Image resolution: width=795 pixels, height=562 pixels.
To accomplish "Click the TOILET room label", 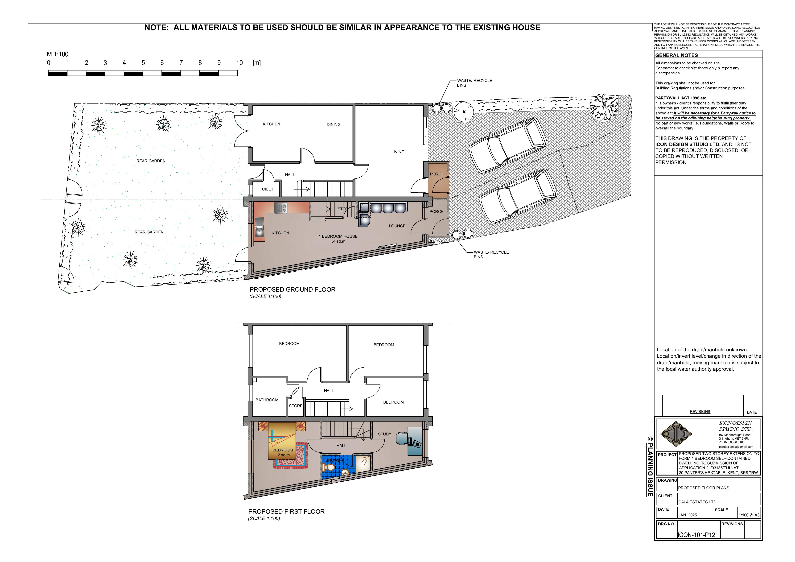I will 266,189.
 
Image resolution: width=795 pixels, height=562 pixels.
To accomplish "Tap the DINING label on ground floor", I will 334,125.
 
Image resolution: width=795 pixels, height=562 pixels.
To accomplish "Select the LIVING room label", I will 398,152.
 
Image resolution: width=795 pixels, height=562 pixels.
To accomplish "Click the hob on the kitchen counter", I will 281,208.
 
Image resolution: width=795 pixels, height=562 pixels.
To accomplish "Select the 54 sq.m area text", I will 338,241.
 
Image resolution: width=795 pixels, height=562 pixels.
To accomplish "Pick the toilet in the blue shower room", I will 328,467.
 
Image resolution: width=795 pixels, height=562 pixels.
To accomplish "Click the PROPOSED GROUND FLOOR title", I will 292,289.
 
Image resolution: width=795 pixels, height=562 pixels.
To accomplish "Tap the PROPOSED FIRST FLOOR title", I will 286,511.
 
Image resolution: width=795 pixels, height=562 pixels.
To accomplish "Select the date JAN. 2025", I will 687,515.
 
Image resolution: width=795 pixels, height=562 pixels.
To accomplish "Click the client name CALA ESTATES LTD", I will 697,502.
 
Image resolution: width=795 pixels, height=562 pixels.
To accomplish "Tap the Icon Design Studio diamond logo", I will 676,434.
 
